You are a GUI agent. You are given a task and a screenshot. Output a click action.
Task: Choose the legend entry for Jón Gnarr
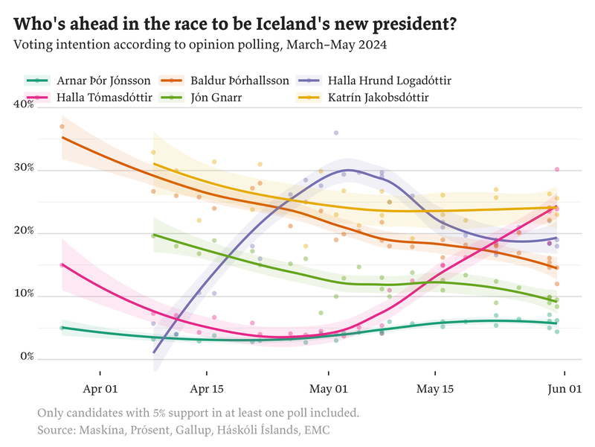[x=216, y=98]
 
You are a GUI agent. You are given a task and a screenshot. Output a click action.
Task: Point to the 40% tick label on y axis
[x=25, y=105]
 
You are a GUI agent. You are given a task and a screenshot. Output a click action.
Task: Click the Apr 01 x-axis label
[x=100, y=389]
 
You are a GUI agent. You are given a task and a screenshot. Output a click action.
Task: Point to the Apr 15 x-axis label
[x=207, y=389]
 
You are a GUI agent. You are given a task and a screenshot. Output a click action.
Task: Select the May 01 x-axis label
[x=328, y=389]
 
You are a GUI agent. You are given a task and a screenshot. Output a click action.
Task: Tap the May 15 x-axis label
[x=435, y=389]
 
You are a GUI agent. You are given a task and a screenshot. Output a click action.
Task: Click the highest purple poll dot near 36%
[x=336, y=133]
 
